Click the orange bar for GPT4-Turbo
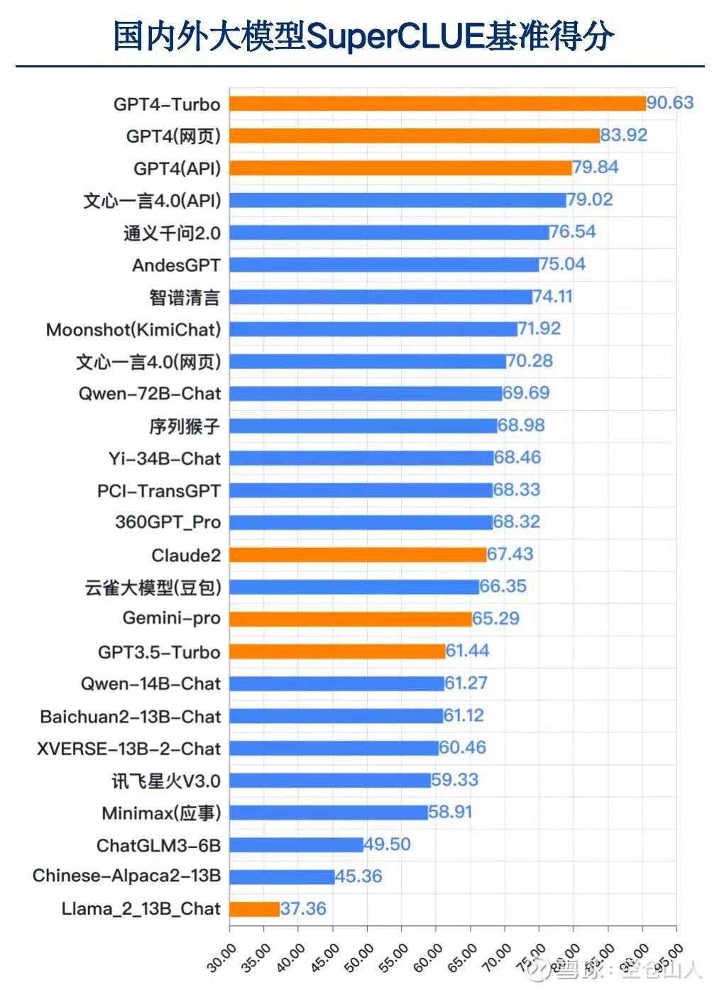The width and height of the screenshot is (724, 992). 437,104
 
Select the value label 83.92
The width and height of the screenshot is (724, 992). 624,135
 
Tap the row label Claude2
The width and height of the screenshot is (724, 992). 186,555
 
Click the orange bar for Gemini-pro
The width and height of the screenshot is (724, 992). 351,619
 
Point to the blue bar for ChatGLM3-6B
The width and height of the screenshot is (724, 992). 296,844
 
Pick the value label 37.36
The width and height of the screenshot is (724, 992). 303,908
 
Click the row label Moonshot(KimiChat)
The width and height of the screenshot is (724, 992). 133,329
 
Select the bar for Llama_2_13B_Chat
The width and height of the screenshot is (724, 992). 254,909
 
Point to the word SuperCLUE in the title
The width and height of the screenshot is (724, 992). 395,35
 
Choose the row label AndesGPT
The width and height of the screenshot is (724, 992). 176,265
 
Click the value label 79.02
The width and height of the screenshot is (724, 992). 590,199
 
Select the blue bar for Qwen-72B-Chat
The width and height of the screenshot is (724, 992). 366,393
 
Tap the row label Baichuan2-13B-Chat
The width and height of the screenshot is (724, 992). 131,717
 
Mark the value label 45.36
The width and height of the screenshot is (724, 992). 358,876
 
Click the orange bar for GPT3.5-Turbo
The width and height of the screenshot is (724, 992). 337,651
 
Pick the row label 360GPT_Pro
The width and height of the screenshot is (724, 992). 168,522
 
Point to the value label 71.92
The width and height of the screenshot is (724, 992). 539,329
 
